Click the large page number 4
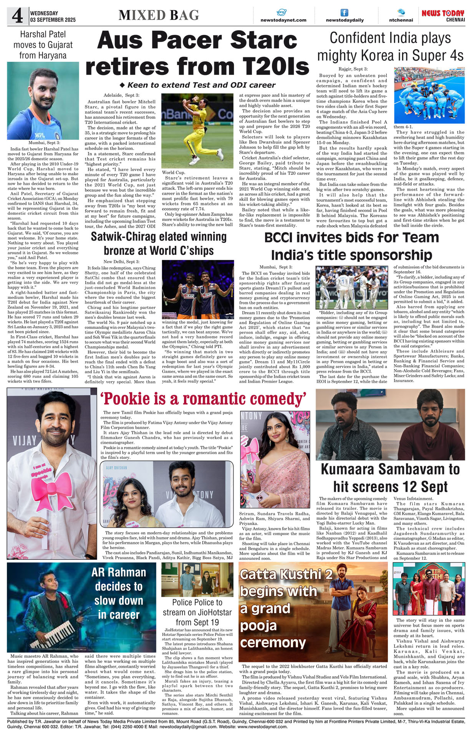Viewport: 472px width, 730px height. click(17, 16)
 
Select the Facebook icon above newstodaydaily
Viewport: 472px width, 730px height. click(344, 13)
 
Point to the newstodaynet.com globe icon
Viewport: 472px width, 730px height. click(282, 12)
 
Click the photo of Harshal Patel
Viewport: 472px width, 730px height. click(43, 101)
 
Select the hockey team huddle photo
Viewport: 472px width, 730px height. click(429, 95)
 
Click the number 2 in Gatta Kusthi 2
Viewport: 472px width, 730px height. click(328, 574)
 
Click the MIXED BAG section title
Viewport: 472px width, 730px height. click(159, 15)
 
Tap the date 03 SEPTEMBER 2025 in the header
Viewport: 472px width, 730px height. click(53, 20)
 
